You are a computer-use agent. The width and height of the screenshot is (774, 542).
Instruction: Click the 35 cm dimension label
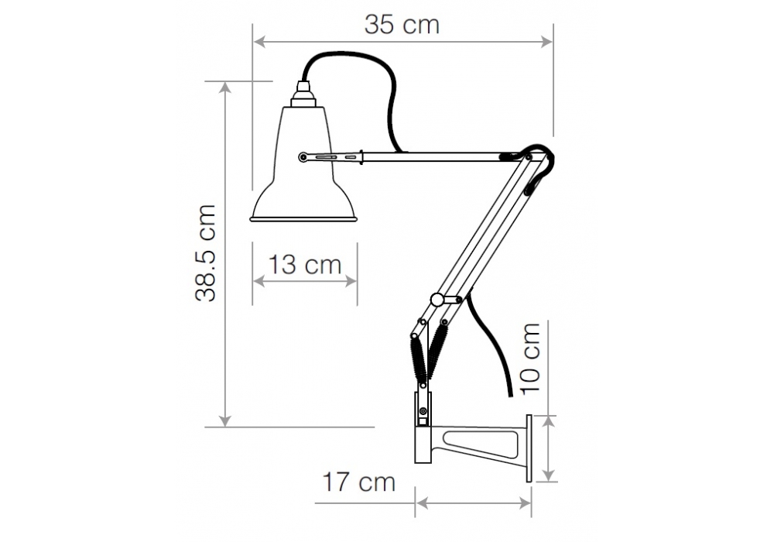pos(402,25)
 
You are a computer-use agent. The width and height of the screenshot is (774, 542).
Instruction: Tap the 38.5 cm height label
pos(206,252)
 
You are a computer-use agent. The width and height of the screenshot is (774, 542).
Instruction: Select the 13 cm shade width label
pos(304,265)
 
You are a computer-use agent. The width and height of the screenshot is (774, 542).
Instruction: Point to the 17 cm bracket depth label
pos(359,482)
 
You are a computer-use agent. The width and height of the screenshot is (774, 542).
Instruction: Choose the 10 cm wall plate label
pos(531,358)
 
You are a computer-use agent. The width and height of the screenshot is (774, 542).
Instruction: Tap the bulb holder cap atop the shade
pos(303,94)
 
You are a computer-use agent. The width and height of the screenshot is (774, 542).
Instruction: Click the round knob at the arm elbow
pos(437,299)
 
